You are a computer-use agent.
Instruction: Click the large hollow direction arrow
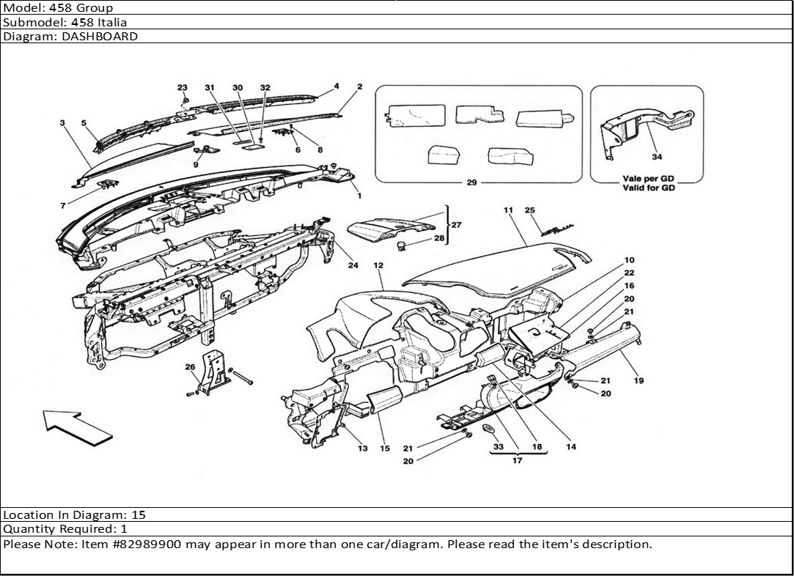coord(76,427)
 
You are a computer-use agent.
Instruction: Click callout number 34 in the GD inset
coord(656,156)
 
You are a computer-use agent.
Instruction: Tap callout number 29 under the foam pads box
coord(471,182)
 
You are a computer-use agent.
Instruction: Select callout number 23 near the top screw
coord(183,88)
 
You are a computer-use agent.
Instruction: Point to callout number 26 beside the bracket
coord(190,367)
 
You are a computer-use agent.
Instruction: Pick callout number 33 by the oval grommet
coord(498,446)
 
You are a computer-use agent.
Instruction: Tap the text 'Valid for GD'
coord(648,188)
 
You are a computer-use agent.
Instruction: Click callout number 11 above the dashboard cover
coord(507,210)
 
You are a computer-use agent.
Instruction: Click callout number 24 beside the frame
coord(353,265)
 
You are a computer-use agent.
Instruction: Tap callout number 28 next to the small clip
coord(439,239)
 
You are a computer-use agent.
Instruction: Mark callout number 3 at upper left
coord(63,123)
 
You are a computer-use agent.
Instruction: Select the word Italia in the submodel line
coord(111,22)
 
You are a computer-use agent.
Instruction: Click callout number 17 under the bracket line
coord(517,461)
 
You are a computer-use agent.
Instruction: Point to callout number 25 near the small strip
coord(530,210)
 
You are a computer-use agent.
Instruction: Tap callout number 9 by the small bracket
coord(196,165)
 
